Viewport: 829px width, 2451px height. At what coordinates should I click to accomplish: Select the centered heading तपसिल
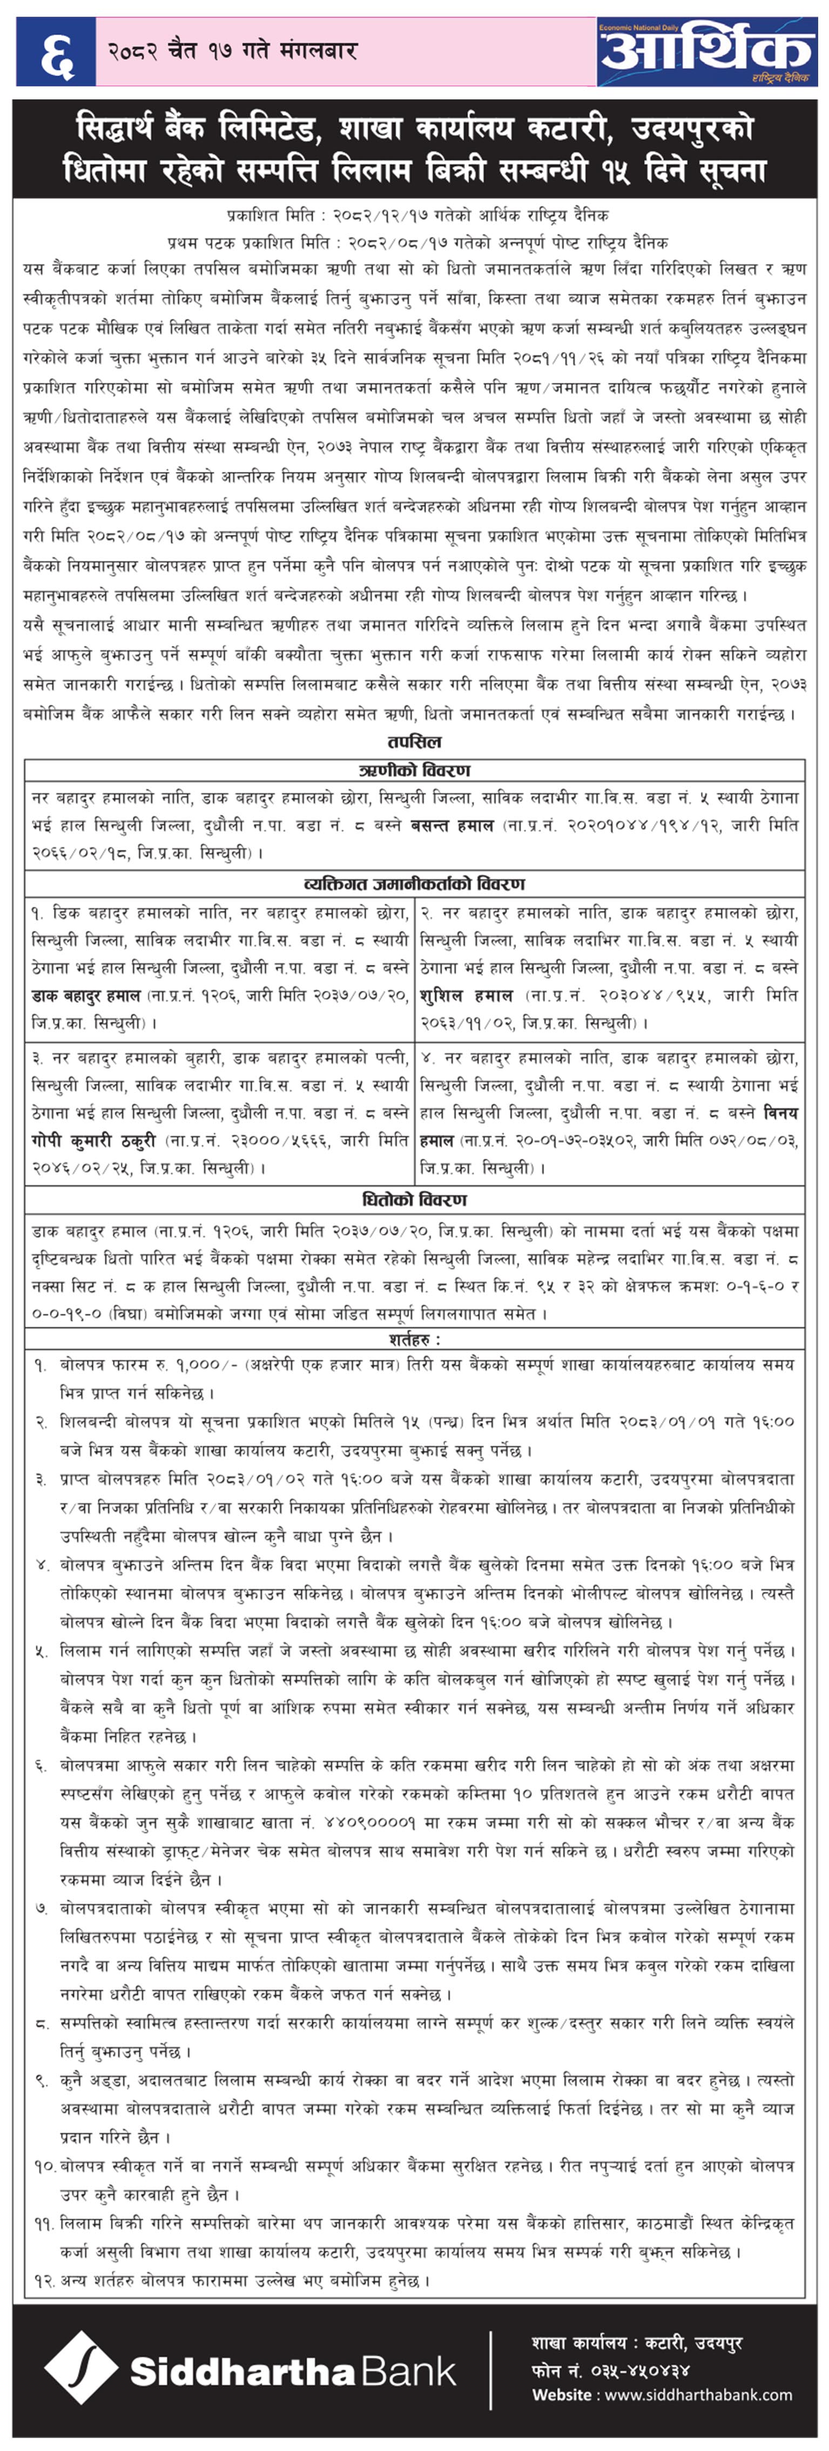coord(414,742)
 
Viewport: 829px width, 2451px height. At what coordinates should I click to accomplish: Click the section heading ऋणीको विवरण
coord(414,769)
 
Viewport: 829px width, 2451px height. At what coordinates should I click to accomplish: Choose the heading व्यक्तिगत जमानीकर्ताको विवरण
coord(414,884)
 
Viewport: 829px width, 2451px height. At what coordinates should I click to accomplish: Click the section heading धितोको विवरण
coord(414,1200)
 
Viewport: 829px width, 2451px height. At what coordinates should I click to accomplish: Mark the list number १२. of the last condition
coord(45,2280)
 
